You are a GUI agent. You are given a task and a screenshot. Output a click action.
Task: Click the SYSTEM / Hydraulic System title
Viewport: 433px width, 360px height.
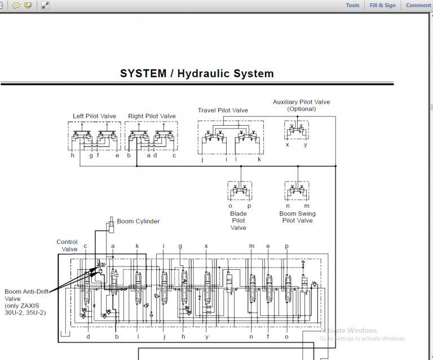coord(197,74)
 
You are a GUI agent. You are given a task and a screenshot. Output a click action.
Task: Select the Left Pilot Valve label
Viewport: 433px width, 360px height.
coord(94,117)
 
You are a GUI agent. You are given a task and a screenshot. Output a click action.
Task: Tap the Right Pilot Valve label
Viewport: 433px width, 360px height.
coord(152,117)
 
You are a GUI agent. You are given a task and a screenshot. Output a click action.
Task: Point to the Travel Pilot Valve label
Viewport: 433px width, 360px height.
coord(223,110)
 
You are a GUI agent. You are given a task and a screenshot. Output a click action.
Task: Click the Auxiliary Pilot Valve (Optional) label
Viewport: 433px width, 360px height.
coord(301,105)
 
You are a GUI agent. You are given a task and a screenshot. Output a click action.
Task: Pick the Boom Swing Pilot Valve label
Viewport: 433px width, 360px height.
coord(297,217)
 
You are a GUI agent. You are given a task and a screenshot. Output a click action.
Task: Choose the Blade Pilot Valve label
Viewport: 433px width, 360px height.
coord(238,221)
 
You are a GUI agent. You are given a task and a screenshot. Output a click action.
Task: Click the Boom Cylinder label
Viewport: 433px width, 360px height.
coord(138,221)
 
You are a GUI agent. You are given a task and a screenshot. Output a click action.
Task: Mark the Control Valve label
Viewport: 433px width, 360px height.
coord(67,246)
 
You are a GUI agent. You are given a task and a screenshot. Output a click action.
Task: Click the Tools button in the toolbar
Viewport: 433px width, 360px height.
coord(352,6)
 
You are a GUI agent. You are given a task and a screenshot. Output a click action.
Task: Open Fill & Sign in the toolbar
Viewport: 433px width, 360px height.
coord(383,6)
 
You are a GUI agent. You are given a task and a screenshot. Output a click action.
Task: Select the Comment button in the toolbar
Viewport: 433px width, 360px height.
coord(418,6)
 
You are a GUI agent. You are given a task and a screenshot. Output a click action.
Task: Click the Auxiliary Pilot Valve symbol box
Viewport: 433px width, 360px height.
coord(297,131)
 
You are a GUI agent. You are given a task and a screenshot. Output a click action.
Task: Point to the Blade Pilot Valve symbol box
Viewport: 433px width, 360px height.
coord(240,191)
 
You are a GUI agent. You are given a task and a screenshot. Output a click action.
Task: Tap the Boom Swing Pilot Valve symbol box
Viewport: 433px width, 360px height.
coord(297,191)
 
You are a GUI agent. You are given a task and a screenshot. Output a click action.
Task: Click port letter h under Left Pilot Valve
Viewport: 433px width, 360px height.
coord(73,156)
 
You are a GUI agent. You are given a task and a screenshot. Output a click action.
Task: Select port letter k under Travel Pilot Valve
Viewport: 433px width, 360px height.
coord(259,159)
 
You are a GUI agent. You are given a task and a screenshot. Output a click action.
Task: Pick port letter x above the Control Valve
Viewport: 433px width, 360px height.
coord(206,246)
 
